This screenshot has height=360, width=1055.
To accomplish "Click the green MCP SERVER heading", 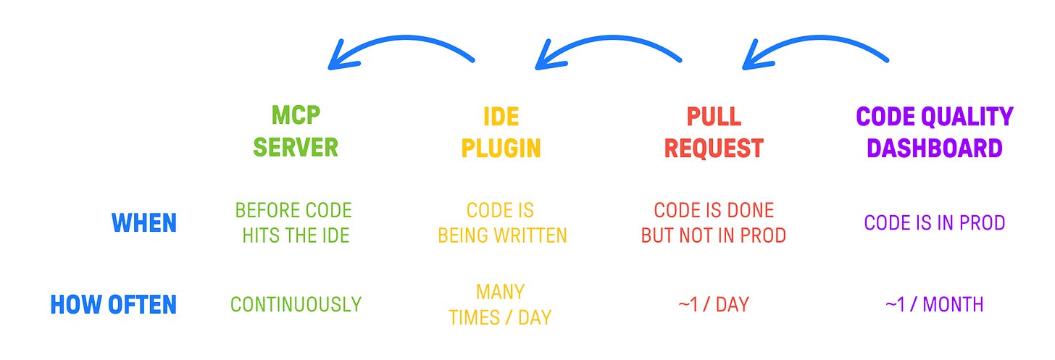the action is tap(296, 131).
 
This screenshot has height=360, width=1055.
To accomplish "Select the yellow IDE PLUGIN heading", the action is tap(501, 131).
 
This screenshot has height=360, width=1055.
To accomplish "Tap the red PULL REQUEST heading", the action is tap(713, 131).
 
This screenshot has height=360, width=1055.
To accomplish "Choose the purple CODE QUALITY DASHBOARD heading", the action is tap(934, 131).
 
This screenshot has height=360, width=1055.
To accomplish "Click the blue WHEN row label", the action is tap(144, 223).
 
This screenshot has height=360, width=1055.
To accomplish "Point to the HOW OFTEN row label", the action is tap(113, 304).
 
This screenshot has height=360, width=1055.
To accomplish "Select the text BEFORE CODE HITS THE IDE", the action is tap(293, 223).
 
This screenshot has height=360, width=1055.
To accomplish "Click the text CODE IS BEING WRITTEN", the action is tap(500, 223).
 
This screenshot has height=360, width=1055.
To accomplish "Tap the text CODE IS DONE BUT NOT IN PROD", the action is tap(714, 223).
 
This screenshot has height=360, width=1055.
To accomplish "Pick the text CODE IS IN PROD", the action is tap(934, 222).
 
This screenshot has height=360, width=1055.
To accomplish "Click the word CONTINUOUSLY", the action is tap(296, 305).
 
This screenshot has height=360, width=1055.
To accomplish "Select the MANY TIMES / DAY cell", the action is tap(500, 304).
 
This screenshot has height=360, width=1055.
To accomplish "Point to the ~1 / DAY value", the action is tap(713, 305).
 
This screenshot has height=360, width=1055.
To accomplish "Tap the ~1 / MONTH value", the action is tap(934, 305).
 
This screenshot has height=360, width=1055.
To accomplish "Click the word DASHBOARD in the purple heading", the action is tap(934, 148).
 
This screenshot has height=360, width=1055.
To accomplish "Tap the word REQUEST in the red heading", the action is tap(713, 148).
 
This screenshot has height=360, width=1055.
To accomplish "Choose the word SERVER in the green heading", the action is tap(296, 148).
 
